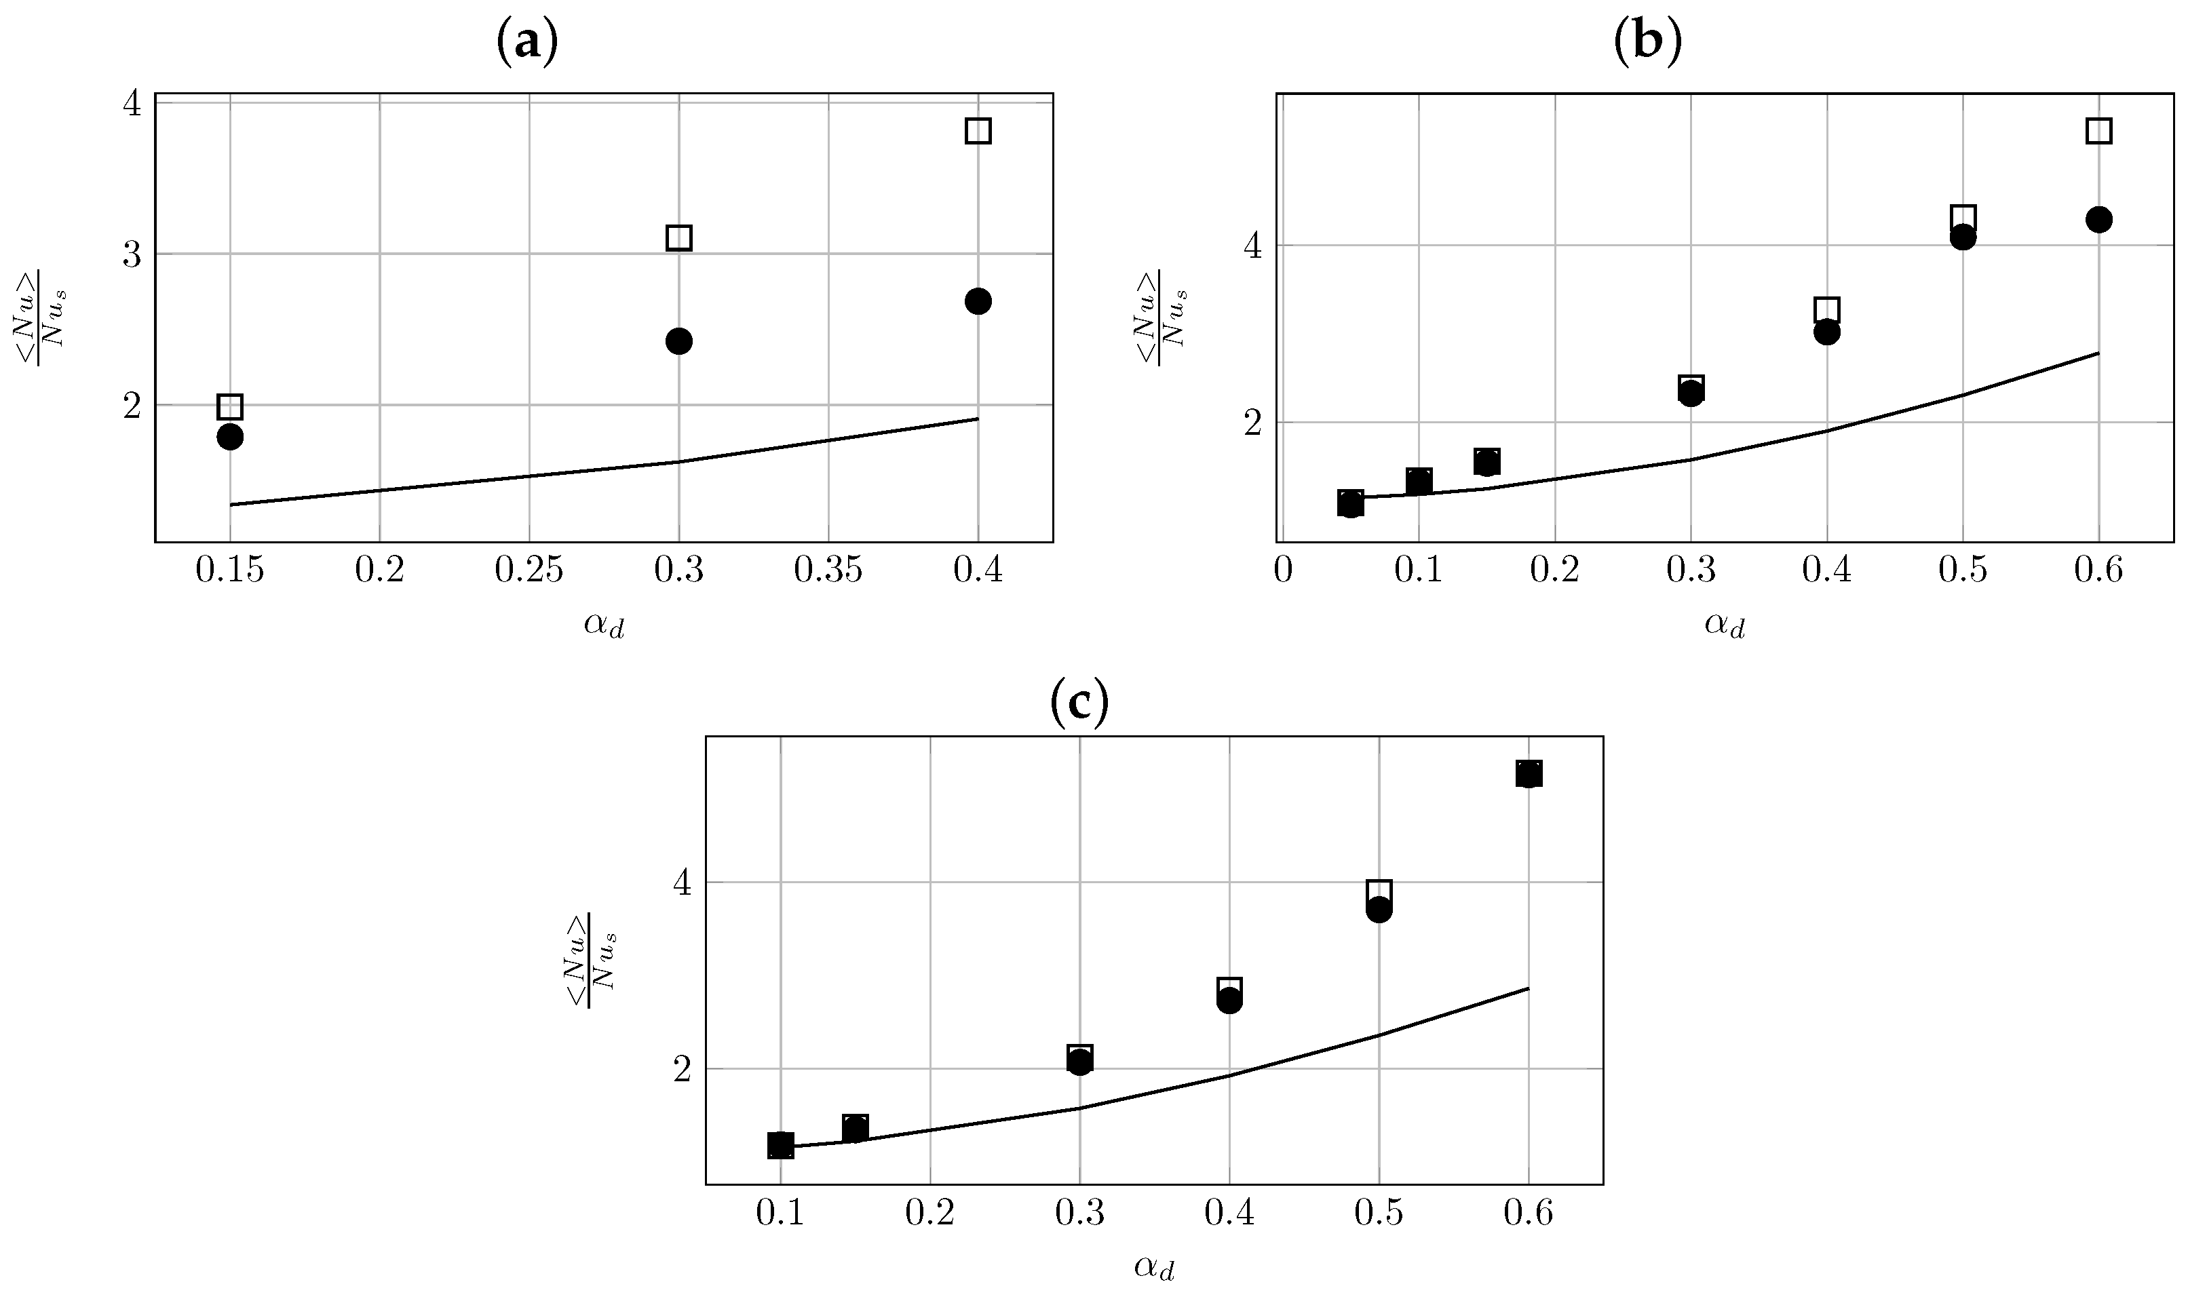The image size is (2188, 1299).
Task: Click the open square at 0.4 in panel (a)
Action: [978, 130]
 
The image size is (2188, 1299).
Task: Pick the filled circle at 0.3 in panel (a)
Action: [678, 341]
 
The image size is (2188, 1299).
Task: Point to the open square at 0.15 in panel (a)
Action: [229, 406]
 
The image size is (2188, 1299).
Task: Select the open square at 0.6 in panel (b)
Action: [2098, 130]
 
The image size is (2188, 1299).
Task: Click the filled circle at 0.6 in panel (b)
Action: [2098, 219]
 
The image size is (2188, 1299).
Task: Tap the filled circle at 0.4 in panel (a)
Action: [978, 301]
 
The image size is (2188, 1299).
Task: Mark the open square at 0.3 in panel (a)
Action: [678, 237]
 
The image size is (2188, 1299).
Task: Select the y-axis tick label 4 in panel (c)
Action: [683, 883]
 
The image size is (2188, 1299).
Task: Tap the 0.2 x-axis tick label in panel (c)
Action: [929, 1215]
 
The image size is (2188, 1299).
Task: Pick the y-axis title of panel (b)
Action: [1161, 317]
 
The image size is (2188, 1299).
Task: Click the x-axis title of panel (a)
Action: [604, 625]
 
